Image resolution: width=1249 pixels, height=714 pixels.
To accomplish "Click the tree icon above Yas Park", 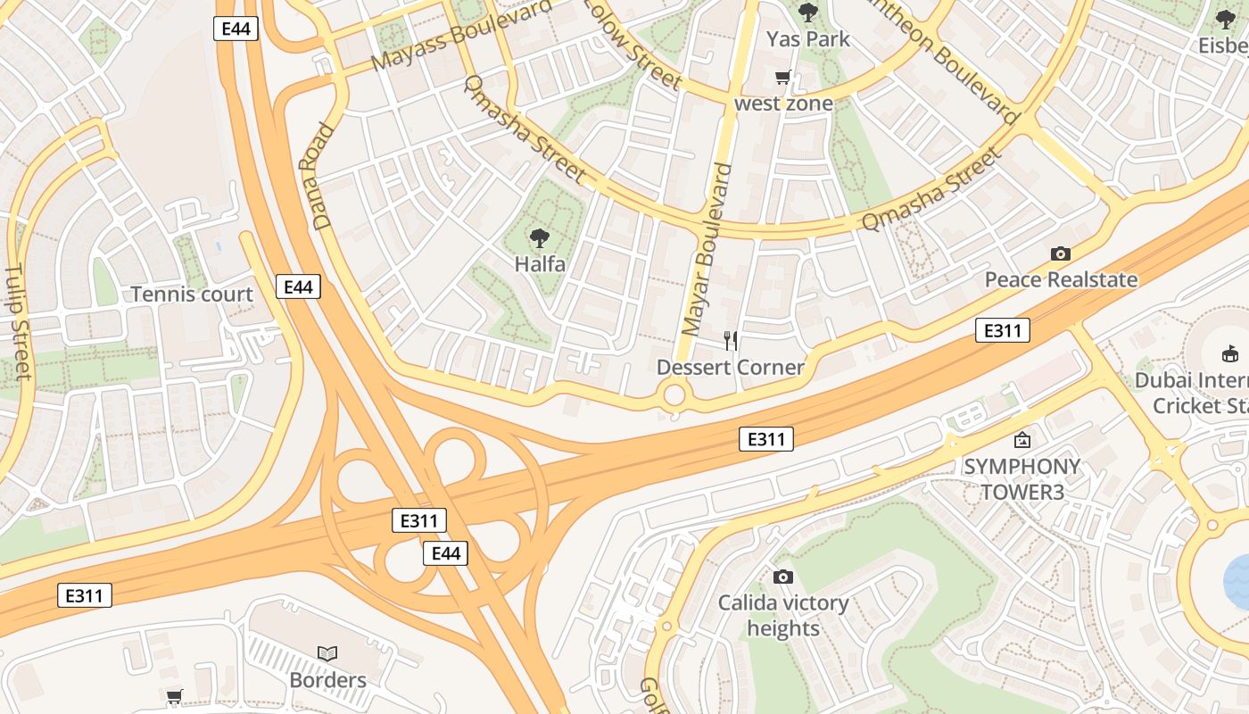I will (808, 12).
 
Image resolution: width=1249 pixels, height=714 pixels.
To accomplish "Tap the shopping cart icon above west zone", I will (783, 78).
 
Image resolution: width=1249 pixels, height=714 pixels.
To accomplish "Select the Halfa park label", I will (540, 264).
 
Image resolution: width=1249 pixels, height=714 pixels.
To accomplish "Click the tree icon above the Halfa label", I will (539, 238).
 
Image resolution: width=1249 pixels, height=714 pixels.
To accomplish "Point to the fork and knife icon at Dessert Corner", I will (731, 340).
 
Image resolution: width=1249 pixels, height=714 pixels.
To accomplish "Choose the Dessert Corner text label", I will (731, 367).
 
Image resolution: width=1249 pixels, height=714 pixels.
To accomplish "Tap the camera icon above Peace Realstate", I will (1061, 254).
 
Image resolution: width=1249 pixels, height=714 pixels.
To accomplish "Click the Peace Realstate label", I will (1061, 280).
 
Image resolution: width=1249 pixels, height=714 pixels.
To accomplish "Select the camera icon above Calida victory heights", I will (783, 577).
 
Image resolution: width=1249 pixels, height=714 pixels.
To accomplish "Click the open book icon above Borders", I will (327, 653).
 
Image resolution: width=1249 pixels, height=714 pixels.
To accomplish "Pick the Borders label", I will (327, 680).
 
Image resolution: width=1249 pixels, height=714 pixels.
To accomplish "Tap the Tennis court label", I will (192, 295).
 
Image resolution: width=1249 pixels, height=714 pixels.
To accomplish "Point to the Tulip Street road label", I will (18, 321).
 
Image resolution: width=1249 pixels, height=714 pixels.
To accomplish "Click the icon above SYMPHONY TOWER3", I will (1022, 440).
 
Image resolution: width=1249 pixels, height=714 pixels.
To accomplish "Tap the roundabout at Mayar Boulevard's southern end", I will (674, 394).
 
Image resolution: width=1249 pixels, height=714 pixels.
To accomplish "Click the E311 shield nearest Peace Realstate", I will (1002, 331).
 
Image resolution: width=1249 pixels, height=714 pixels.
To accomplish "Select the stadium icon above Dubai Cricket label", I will (1230, 353).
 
